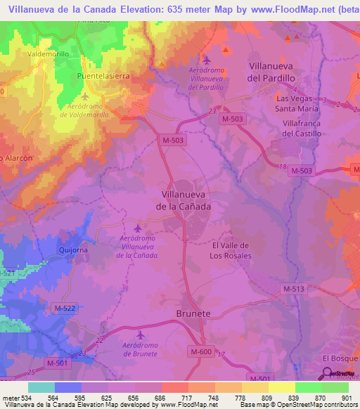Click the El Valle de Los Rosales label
231,250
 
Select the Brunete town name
193,314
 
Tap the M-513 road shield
295,289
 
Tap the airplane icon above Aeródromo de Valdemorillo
85,96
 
